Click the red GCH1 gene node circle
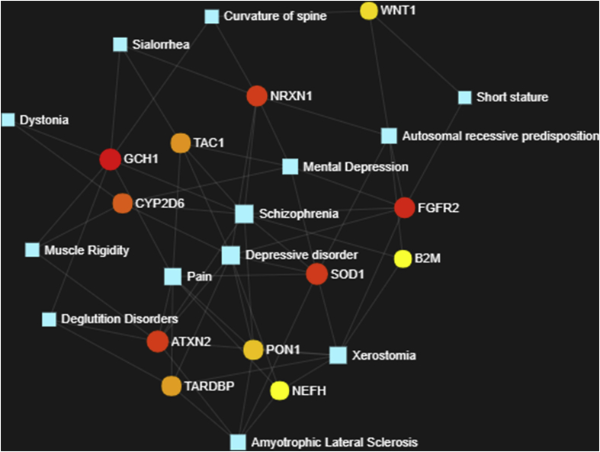pyautogui.click(x=111, y=159)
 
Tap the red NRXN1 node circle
pyautogui.click(x=257, y=96)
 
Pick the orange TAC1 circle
pyautogui.click(x=180, y=143)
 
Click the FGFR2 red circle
pyautogui.click(x=405, y=207)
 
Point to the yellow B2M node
pyautogui.click(x=403, y=259)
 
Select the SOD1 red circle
pyautogui.click(x=316, y=274)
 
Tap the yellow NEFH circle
pyautogui.click(x=280, y=391)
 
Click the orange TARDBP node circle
pyautogui.click(x=172, y=386)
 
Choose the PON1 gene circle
pyautogui.click(x=253, y=350)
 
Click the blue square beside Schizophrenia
pyautogui.click(x=244, y=214)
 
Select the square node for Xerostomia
pyautogui.click(x=339, y=355)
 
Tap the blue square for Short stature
pyautogui.click(x=464, y=98)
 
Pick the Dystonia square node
pyautogui.click(x=8, y=120)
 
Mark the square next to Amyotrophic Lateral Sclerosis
pyautogui.click(x=238, y=442)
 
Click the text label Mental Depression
pyautogui.click(x=355, y=167)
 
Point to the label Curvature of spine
pyautogui.click(x=275, y=16)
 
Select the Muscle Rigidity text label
pyautogui.click(x=86, y=250)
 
